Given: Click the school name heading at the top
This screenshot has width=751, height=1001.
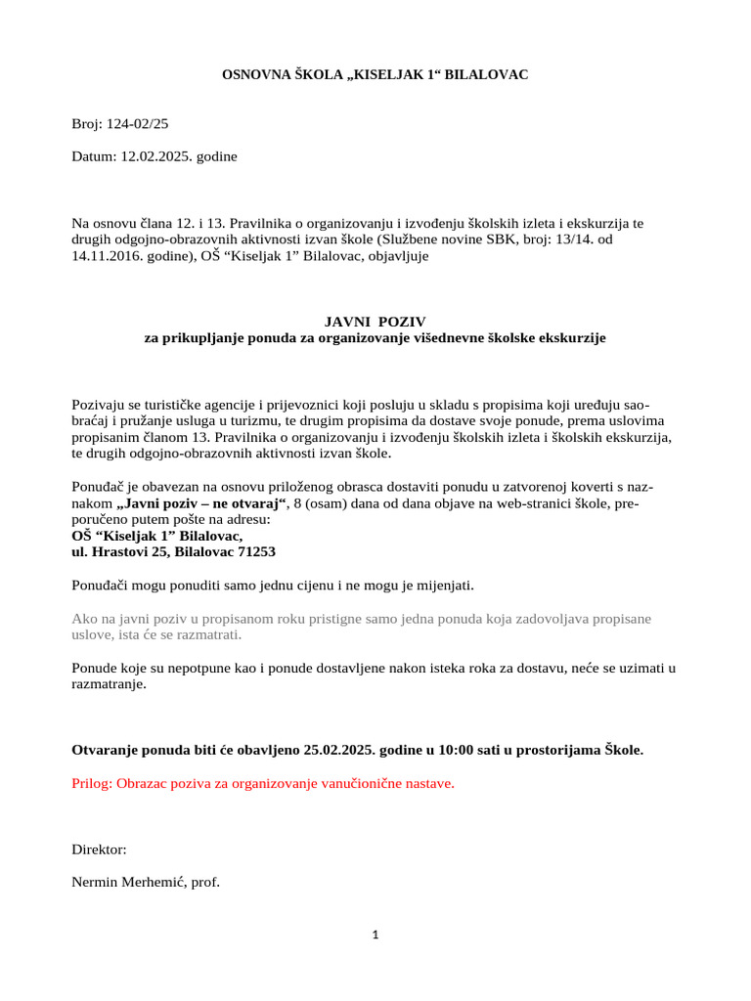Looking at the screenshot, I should (375, 74).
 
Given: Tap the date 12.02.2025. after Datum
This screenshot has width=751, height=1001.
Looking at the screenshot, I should (157, 155).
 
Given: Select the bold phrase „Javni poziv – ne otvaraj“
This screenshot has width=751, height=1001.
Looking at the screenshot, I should (199, 503).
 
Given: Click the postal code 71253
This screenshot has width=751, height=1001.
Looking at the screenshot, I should (255, 551).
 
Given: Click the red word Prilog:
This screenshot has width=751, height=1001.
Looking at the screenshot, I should (92, 784).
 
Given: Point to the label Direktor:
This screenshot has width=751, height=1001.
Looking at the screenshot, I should (99, 850).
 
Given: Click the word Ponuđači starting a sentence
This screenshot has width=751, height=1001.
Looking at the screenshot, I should (102, 586).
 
